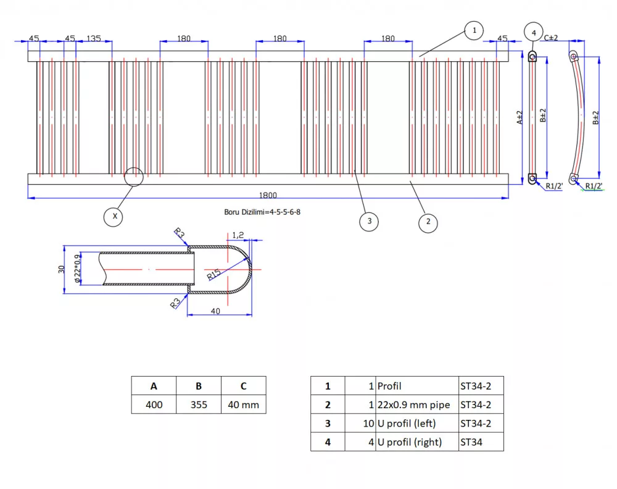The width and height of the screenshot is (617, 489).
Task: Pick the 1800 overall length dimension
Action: [x=268, y=195]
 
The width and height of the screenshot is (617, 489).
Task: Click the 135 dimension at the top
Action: [x=94, y=38]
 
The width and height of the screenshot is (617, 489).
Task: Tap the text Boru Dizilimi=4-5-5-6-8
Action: [x=262, y=212]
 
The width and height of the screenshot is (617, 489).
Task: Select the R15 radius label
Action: [x=213, y=274]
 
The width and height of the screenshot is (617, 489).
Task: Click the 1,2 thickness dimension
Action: [x=238, y=235]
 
